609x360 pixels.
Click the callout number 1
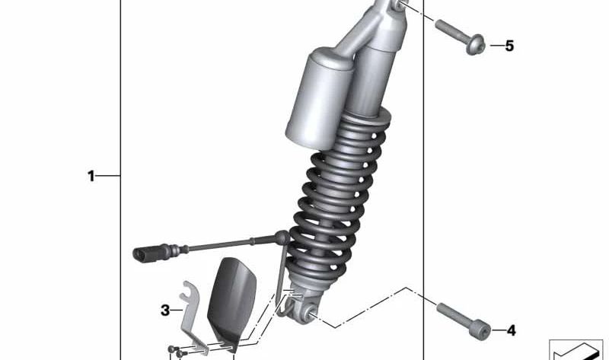91,177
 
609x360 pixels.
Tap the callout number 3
165,310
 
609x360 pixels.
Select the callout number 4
511,330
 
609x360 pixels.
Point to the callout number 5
509,46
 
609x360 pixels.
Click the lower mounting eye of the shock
310,313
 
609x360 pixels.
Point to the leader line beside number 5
495,46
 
